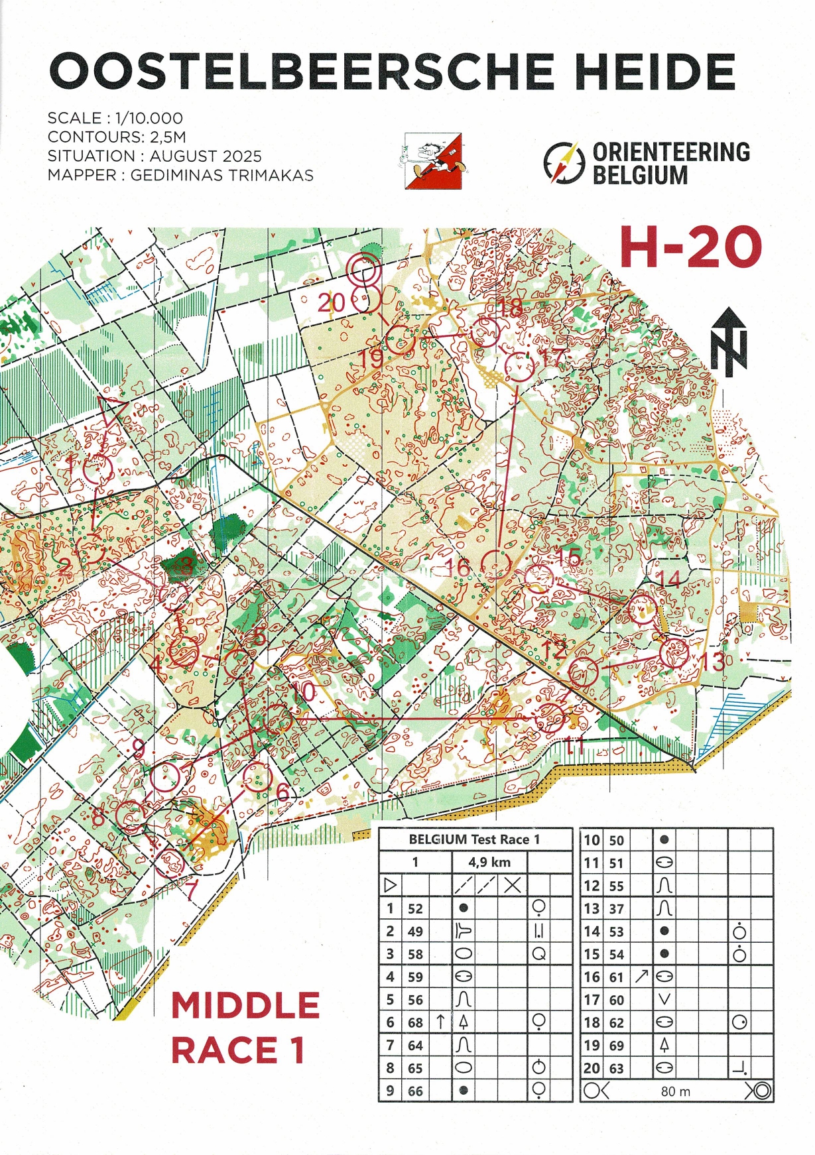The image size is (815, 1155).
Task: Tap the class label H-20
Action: (x=690, y=247)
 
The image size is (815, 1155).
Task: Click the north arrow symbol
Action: (x=729, y=341)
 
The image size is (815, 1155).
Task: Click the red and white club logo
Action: (x=433, y=161)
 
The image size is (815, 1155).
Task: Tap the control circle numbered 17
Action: (x=519, y=367)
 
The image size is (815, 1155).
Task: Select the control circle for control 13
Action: (x=675, y=653)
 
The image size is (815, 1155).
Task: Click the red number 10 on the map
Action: (x=304, y=692)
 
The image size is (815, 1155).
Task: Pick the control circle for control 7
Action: (x=171, y=862)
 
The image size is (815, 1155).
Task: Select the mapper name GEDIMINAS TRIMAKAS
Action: (x=222, y=176)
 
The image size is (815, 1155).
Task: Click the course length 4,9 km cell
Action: (x=489, y=862)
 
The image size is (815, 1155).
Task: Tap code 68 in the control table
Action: (x=415, y=1022)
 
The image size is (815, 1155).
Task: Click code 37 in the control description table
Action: (x=616, y=908)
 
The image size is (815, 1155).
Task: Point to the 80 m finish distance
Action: (x=675, y=1091)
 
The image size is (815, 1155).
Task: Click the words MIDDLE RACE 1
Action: (x=245, y=1028)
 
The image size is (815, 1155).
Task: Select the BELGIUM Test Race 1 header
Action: (x=474, y=839)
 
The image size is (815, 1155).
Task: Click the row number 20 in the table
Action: (x=591, y=1068)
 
